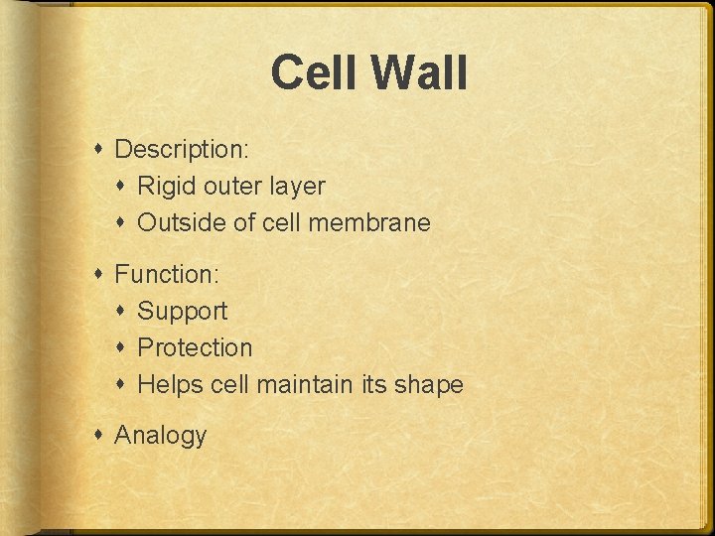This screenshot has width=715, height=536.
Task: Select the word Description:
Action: click(182, 150)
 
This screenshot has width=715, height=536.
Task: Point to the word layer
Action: click(295, 187)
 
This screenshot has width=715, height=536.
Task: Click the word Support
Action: click(182, 312)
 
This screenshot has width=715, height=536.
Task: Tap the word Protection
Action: click(195, 348)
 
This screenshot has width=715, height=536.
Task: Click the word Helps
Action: click(170, 385)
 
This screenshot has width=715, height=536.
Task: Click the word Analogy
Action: click(161, 436)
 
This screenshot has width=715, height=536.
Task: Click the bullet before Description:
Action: click(99, 150)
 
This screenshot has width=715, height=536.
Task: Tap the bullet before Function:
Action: click(99, 274)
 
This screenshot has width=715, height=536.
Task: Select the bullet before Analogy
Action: click(99, 435)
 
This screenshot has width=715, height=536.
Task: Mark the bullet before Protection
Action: click(122, 348)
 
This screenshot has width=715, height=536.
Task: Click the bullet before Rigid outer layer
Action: click(122, 187)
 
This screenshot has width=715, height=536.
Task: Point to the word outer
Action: click(231, 187)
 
